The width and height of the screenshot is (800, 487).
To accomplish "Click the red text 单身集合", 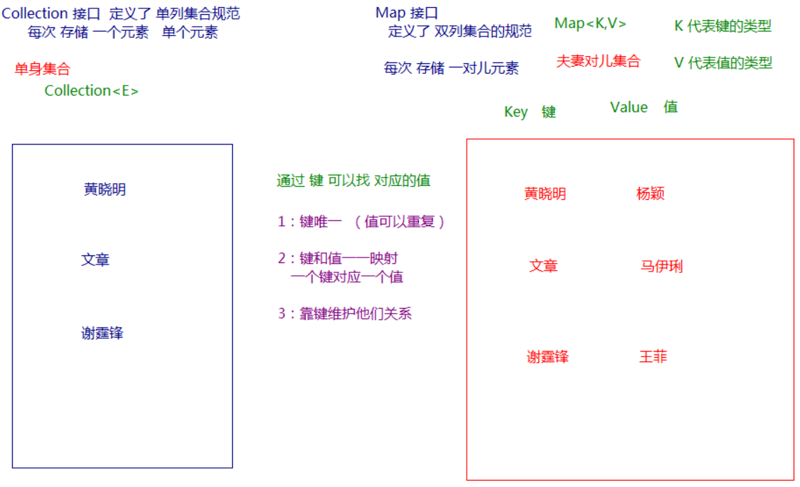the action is [42, 69].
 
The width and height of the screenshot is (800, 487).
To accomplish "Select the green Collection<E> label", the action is [91, 91].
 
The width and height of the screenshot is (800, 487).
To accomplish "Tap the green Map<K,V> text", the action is [590, 23].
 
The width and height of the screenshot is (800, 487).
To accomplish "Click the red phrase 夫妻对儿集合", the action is [598, 61].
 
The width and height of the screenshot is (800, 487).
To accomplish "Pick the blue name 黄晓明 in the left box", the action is [105, 189].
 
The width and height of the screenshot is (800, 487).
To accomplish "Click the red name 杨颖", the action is [650, 194].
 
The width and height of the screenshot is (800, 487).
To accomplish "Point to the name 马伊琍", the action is [661, 267].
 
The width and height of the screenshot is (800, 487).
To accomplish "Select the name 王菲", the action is [653, 356].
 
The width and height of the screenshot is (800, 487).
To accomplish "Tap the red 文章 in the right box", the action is [543, 267].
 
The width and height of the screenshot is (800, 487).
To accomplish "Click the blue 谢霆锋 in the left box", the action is [102, 333].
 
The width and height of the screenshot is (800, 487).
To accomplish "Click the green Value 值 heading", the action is [644, 107].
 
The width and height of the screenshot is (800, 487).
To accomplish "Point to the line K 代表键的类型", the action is [722, 26].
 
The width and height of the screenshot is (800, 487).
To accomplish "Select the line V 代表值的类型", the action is [723, 62].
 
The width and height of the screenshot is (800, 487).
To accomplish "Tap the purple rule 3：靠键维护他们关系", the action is [345, 314].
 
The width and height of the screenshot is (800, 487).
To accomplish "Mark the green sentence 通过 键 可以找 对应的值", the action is [353, 180].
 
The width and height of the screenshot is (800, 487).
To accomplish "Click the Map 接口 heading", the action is [407, 13].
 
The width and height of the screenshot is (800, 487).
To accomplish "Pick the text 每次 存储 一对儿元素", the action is [451, 68].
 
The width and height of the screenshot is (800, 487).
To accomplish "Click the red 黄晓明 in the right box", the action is [545, 194].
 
